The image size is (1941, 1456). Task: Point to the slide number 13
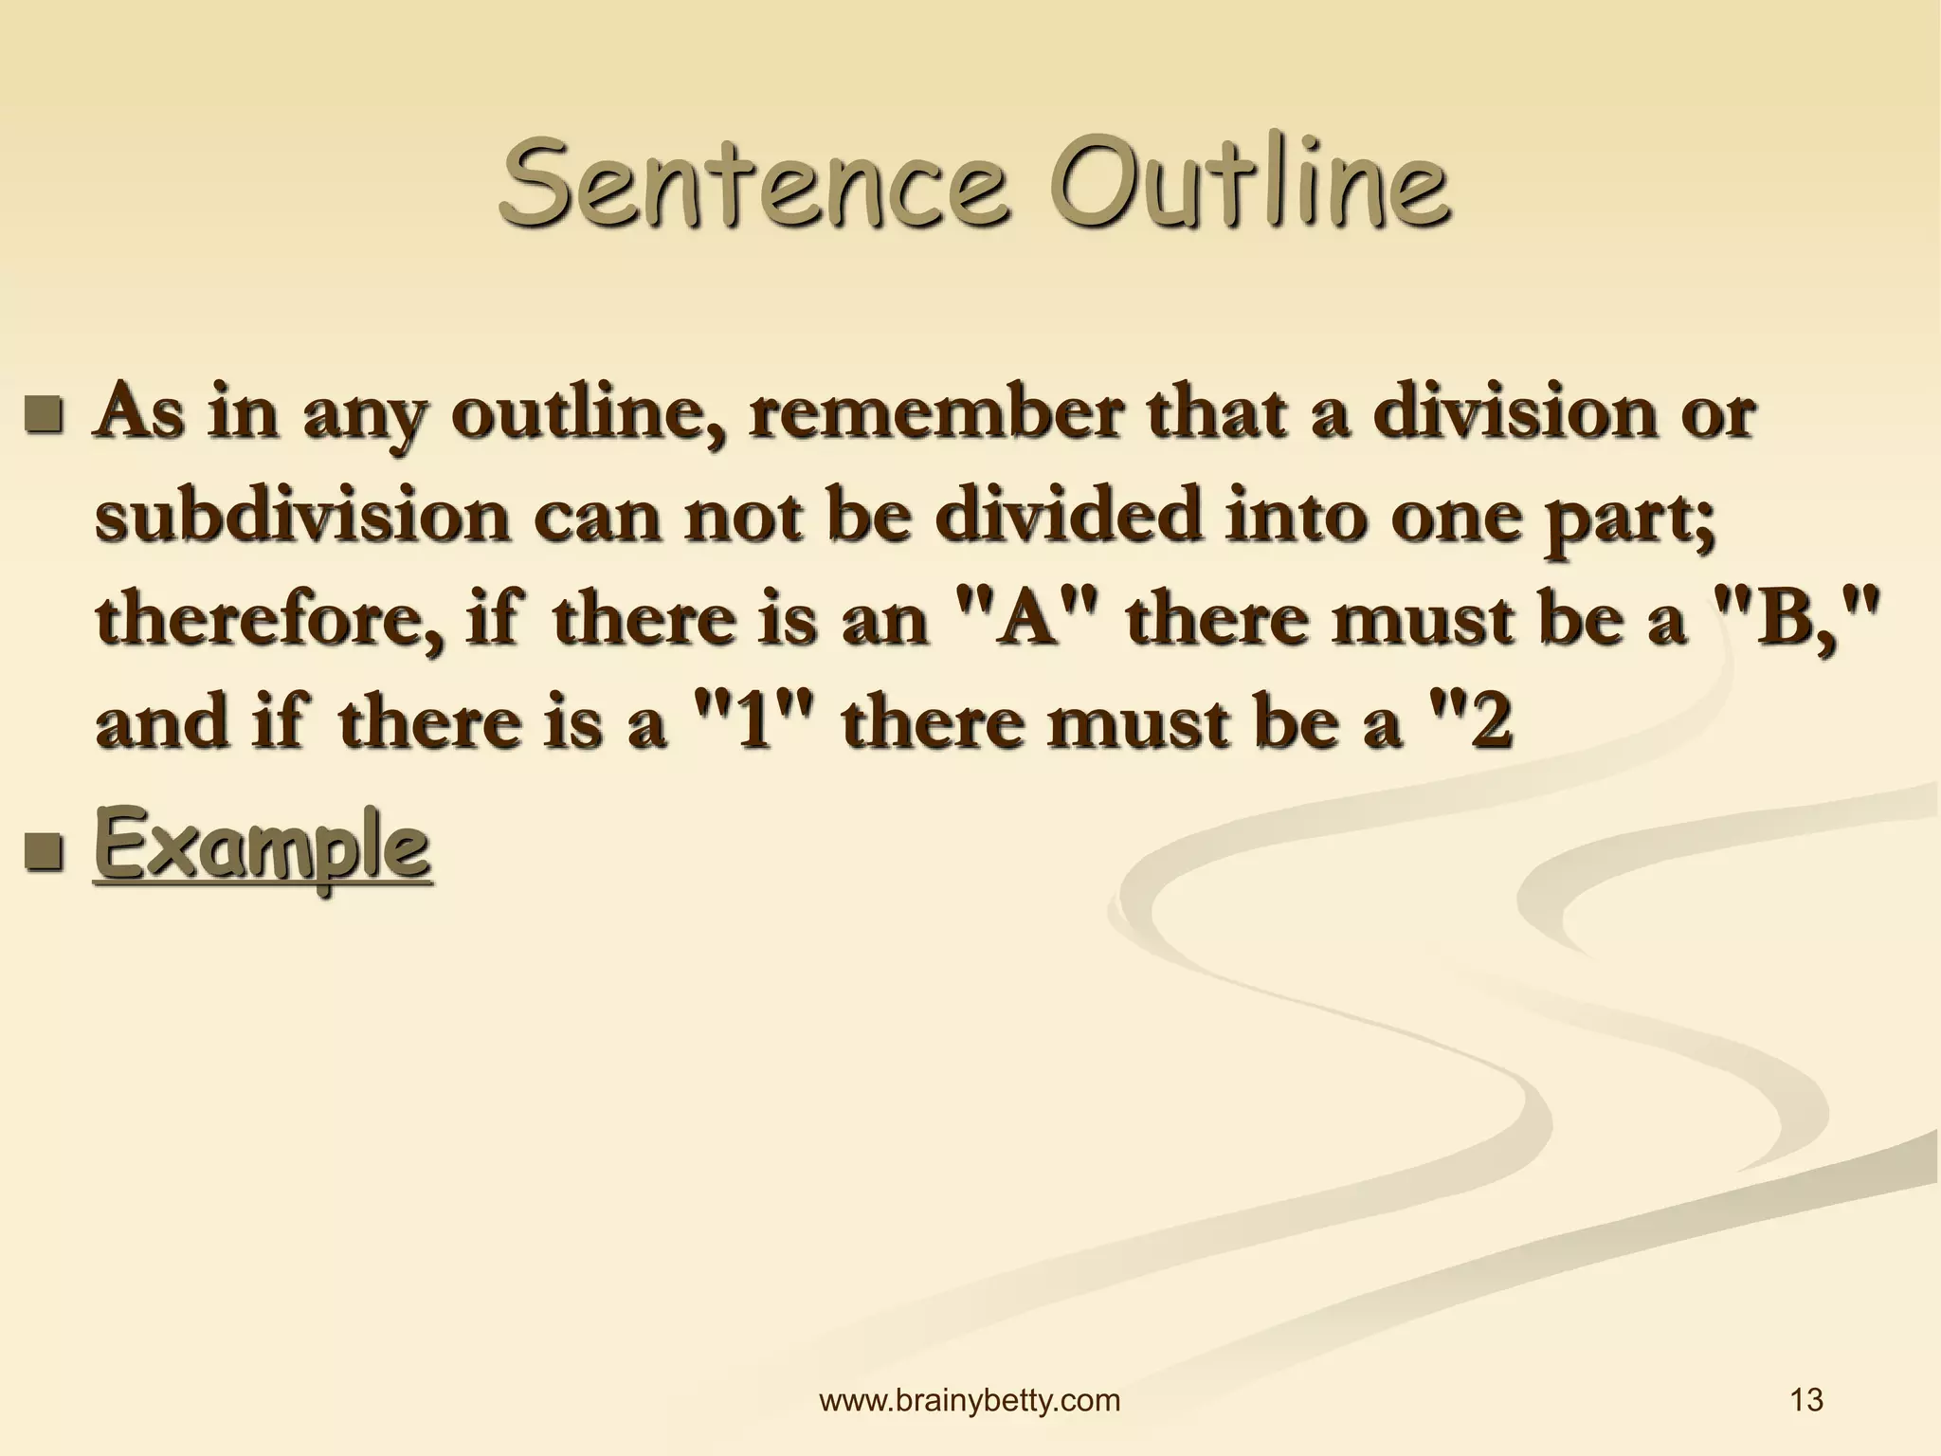coord(1807,1400)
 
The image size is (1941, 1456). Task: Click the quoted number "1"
coord(754,723)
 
